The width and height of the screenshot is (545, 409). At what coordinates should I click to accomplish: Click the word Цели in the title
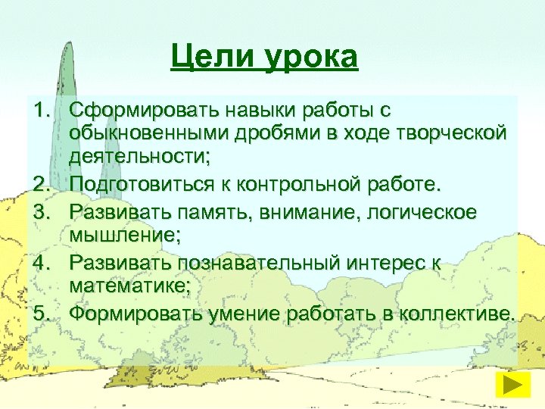tap(213, 57)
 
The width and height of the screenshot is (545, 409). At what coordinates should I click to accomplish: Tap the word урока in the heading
tap(311, 58)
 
